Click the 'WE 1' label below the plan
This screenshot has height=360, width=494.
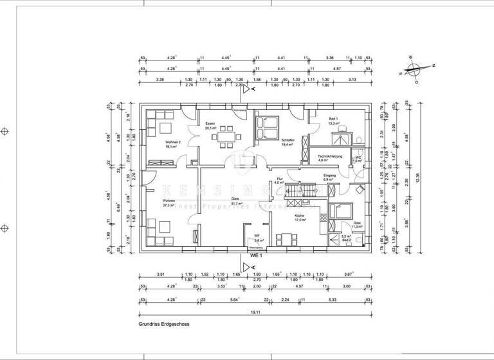pyautogui.click(x=256, y=255)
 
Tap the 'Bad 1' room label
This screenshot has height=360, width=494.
pyautogui.click(x=333, y=119)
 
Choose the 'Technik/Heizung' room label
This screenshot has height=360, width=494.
pyautogui.click(x=329, y=156)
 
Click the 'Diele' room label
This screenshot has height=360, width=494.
pyautogui.click(x=226, y=199)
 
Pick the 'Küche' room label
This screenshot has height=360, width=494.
pyautogui.click(x=299, y=215)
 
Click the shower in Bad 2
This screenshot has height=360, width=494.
pyautogui.click(x=334, y=240)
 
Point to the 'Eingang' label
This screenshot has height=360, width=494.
pyautogui.click(x=329, y=174)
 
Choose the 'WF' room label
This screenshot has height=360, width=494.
pyautogui.click(x=256, y=235)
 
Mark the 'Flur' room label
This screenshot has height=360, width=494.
pyautogui.click(x=279, y=181)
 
